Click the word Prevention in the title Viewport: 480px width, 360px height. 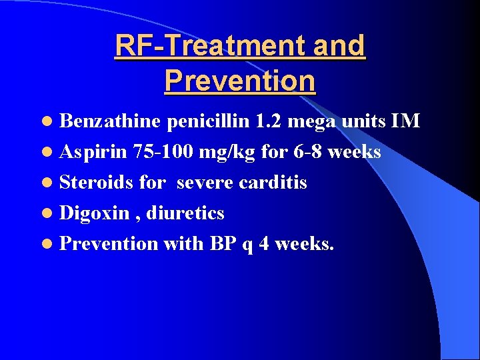click(240, 81)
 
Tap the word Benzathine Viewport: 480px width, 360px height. click(110, 121)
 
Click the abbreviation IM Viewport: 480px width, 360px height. click(405, 121)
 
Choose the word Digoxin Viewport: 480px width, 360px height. click(95, 213)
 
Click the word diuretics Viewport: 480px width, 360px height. click(185, 213)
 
